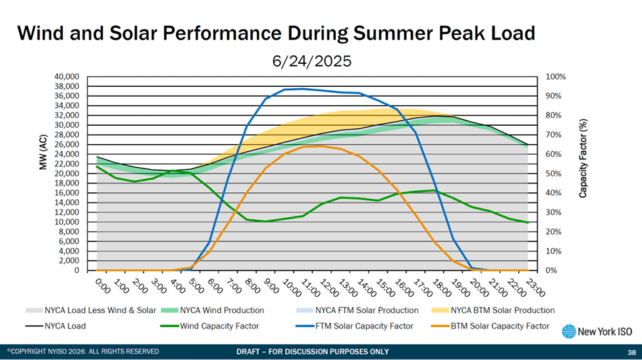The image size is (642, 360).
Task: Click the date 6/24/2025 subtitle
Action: click(311, 61)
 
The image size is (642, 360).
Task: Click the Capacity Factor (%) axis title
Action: click(583, 159)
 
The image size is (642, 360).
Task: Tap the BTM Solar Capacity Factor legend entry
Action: click(505, 326)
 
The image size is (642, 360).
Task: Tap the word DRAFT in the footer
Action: click(250, 351)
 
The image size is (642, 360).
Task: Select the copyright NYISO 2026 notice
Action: click(84, 351)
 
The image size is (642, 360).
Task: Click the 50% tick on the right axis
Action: click(554, 174)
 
